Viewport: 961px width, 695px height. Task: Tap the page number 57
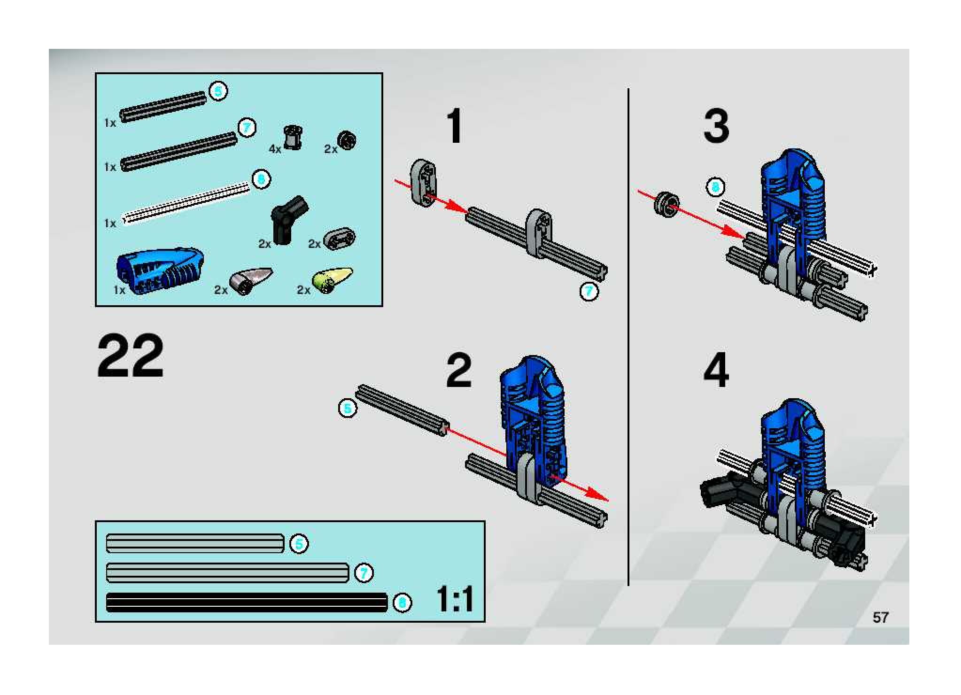pyautogui.click(x=880, y=617)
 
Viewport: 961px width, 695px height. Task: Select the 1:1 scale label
pyautogui.click(x=455, y=600)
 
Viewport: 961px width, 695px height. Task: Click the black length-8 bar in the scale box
pyautogui.click(x=247, y=602)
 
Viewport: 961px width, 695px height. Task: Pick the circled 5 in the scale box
pyautogui.click(x=299, y=544)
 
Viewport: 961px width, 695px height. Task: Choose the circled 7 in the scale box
pyautogui.click(x=364, y=573)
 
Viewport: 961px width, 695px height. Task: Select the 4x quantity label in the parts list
pyautogui.click(x=275, y=149)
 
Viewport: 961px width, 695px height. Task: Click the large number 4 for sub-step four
pyautogui.click(x=716, y=370)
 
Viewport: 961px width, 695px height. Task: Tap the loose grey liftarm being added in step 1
pyautogui.click(x=424, y=183)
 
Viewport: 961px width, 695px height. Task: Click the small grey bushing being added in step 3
pyautogui.click(x=666, y=205)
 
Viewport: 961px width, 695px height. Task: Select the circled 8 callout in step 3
pyautogui.click(x=715, y=187)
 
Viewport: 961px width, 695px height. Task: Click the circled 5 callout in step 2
pyautogui.click(x=348, y=409)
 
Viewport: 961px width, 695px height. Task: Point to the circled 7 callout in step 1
pyautogui.click(x=589, y=291)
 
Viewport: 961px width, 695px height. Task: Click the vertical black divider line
pyautogui.click(x=628, y=337)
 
